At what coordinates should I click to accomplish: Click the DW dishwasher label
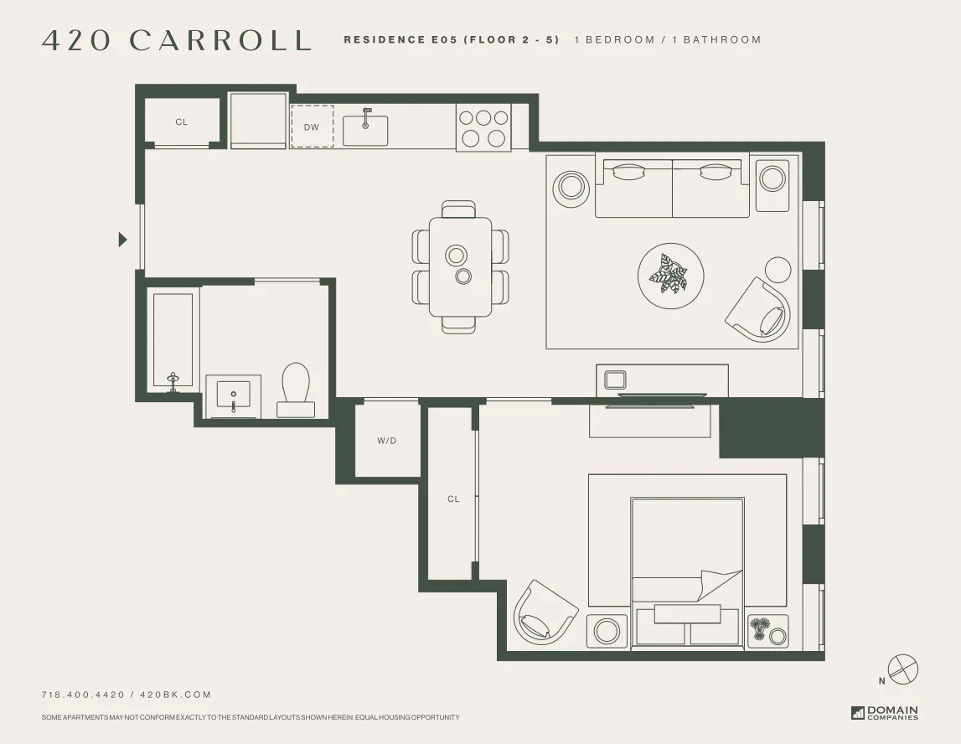312,127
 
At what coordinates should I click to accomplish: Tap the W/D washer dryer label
386,441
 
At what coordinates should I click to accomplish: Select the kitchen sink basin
365,131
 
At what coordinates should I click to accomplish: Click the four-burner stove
483,127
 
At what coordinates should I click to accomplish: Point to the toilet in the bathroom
295,390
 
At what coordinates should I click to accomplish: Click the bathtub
173,340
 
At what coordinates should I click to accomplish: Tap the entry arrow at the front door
122,240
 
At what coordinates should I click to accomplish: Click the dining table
460,266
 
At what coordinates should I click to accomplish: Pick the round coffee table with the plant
670,275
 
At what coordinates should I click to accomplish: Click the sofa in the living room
672,186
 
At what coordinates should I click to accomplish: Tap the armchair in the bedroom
545,612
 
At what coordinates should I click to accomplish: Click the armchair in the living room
758,307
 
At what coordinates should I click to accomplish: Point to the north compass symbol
902,669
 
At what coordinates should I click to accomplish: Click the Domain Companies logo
885,713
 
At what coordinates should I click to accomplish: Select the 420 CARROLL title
177,40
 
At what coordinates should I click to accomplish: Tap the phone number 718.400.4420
83,695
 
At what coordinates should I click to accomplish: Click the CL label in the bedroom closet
453,499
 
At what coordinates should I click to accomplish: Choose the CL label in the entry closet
182,122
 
